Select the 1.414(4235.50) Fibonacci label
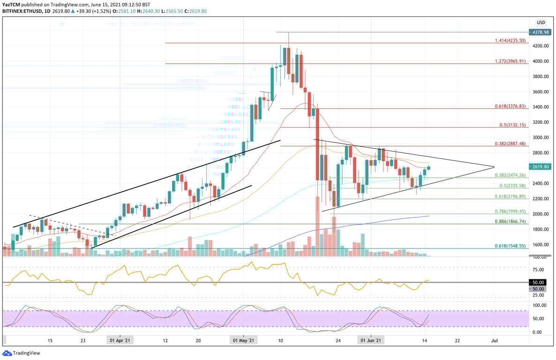511,40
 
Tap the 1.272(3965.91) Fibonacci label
511,61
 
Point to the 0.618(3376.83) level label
511,106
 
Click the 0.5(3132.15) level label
513,125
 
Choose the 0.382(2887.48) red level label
511,143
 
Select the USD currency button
541,22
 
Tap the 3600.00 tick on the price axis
541,92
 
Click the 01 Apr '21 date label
120,340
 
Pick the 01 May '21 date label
244,340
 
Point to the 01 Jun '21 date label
370,340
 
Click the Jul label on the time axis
495,340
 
